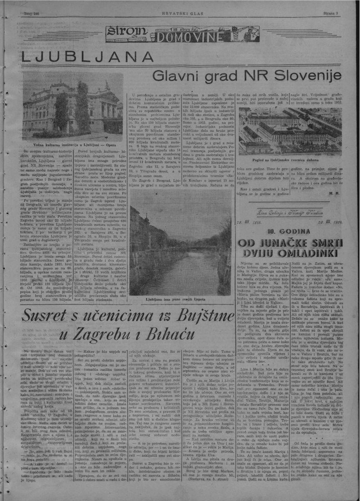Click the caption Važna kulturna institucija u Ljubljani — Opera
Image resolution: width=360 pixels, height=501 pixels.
click(x=68, y=143)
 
